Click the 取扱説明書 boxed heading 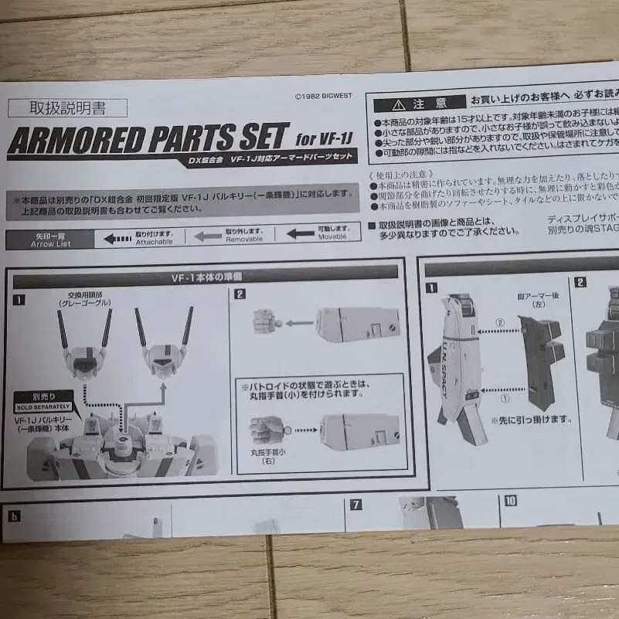pyautogui.click(x=67, y=109)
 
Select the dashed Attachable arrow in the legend pyautogui.click(x=117, y=238)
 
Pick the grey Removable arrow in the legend pyautogui.click(x=208, y=236)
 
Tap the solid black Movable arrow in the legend pyautogui.click(x=300, y=233)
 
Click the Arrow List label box pyautogui.click(x=49, y=240)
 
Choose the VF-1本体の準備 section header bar pyautogui.click(x=205, y=272)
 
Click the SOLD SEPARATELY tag pyautogui.click(x=43, y=405)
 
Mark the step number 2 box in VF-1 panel pyautogui.click(x=240, y=294)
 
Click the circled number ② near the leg pyautogui.click(x=499, y=321)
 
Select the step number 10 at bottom pyautogui.click(x=510, y=500)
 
